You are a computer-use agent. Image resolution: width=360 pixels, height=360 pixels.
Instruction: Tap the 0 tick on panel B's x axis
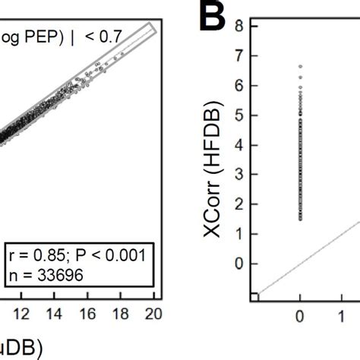click(x=301, y=313)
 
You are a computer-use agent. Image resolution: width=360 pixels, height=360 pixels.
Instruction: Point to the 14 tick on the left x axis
click(x=55, y=313)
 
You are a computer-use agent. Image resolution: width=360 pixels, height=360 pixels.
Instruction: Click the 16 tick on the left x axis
click(x=89, y=313)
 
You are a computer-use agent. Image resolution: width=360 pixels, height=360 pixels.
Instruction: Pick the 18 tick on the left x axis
click(x=122, y=313)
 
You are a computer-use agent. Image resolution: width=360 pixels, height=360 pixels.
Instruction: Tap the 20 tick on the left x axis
click(x=154, y=313)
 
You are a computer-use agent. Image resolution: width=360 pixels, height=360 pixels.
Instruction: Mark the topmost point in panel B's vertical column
click(x=301, y=67)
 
